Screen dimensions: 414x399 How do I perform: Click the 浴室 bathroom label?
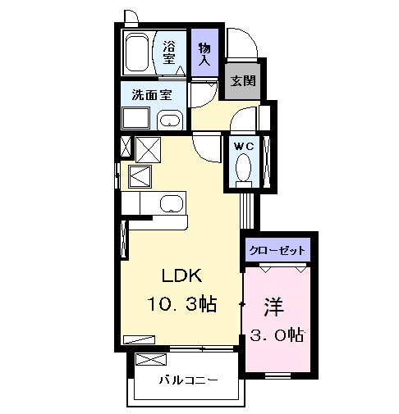169,52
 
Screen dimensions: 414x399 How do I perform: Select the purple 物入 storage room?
204,54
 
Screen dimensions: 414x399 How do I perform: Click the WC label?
244,145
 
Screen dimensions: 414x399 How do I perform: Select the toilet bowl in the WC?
244,168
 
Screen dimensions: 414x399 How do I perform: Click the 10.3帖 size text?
181,305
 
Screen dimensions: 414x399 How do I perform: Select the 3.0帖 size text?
277,334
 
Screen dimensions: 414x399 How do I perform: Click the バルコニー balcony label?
189,381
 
